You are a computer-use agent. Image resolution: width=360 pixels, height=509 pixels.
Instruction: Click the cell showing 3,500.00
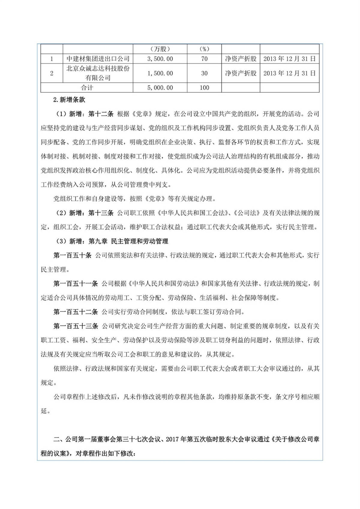(x=160, y=59)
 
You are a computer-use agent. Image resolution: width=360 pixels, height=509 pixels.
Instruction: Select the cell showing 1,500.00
(x=160, y=73)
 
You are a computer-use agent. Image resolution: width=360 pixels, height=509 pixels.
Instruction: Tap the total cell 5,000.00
(x=160, y=88)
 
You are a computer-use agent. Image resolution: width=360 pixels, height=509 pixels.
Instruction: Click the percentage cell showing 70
(x=204, y=59)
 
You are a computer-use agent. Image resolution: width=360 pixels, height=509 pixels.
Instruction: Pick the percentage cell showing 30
(x=204, y=73)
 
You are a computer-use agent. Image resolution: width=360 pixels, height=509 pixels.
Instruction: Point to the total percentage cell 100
(x=204, y=88)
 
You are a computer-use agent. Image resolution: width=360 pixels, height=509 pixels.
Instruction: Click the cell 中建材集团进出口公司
(x=98, y=59)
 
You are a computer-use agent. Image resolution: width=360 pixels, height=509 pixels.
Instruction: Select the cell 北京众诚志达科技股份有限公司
(x=98, y=73)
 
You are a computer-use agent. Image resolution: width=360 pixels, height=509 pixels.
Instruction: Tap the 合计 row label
(x=87, y=88)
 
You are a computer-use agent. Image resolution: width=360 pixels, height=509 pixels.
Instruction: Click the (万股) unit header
(x=160, y=49)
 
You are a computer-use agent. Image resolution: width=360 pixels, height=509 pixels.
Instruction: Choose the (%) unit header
(x=204, y=49)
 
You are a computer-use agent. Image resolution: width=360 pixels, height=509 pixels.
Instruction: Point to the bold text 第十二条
(x=101, y=114)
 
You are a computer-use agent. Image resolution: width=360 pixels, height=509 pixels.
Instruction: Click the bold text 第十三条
(x=101, y=213)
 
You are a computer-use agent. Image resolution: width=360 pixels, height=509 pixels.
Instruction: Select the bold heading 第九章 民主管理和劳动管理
(x=128, y=241)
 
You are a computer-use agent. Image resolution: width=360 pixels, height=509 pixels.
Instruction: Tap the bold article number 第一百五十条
(x=72, y=255)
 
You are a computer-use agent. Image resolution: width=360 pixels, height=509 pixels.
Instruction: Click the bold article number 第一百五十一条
(x=76, y=283)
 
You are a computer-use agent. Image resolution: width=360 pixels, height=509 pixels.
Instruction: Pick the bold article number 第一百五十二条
(x=76, y=312)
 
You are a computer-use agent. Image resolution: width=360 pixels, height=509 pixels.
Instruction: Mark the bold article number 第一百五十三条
(x=76, y=326)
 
